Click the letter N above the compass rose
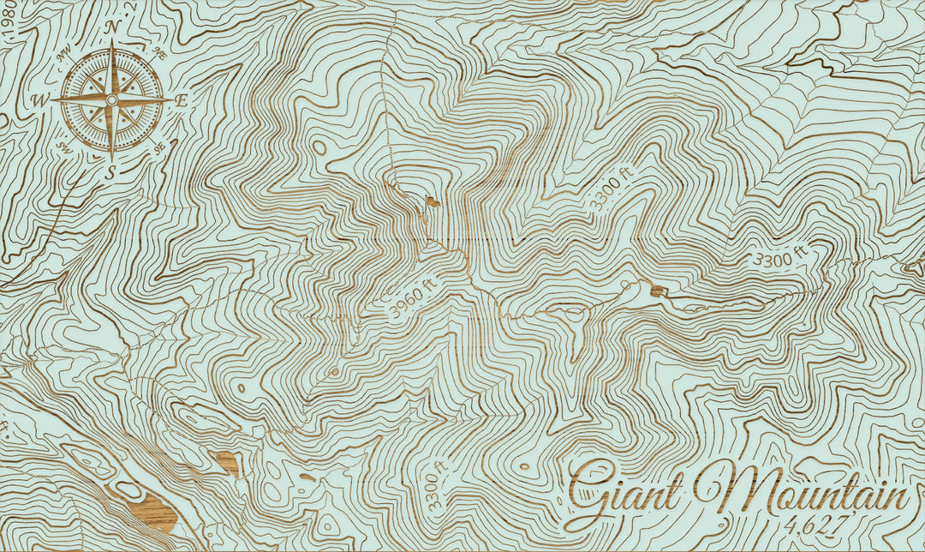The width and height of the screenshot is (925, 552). pos(112,27)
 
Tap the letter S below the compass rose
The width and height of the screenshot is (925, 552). pos(111,172)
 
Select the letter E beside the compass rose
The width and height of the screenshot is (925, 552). pos(182,100)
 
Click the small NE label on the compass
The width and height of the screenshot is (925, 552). pos(158,52)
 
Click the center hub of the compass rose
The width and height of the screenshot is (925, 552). pos(111,100)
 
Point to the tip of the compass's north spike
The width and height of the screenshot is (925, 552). pos(112,43)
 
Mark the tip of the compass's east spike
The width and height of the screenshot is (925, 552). pos(171,99)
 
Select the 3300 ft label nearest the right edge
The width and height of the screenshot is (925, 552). pos(779,255)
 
